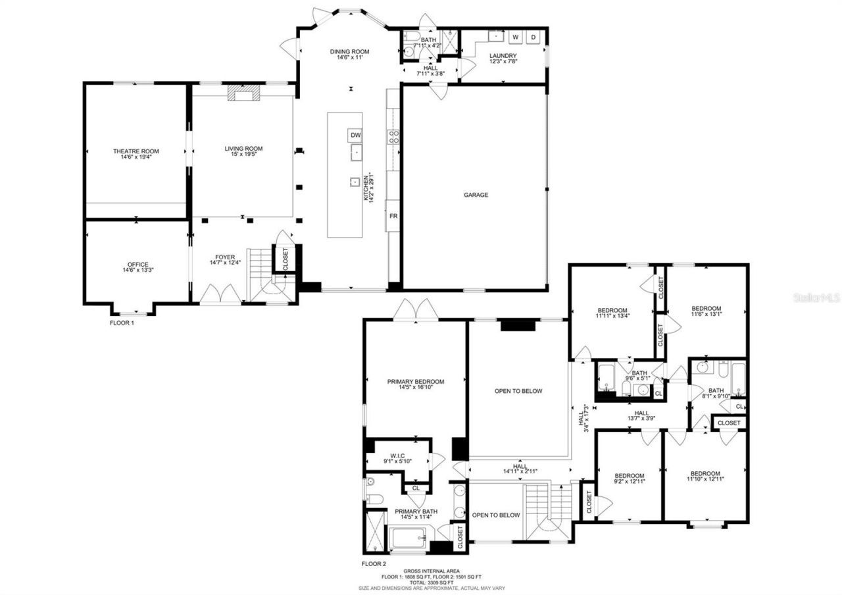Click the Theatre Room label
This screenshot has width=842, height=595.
coord(136,155)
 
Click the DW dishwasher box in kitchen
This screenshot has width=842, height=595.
coord(355,135)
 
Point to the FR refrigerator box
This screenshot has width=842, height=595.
coord(393,216)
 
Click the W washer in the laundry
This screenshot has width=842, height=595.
coord(515,37)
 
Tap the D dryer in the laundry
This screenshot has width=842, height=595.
coord(533,37)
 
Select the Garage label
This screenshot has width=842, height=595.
coord(476,195)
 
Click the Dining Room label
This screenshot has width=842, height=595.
coord(349,55)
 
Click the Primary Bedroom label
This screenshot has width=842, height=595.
coord(415,384)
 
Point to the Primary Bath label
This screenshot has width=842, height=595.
coord(416,514)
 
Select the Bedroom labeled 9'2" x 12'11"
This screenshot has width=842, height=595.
coord(629,479)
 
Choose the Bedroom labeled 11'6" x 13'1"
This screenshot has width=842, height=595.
coord(706,311)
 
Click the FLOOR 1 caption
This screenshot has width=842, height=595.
coord(122,323)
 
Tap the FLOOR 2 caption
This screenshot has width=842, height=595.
coord(374,563)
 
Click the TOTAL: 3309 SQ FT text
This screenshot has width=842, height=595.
coord(432,582)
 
